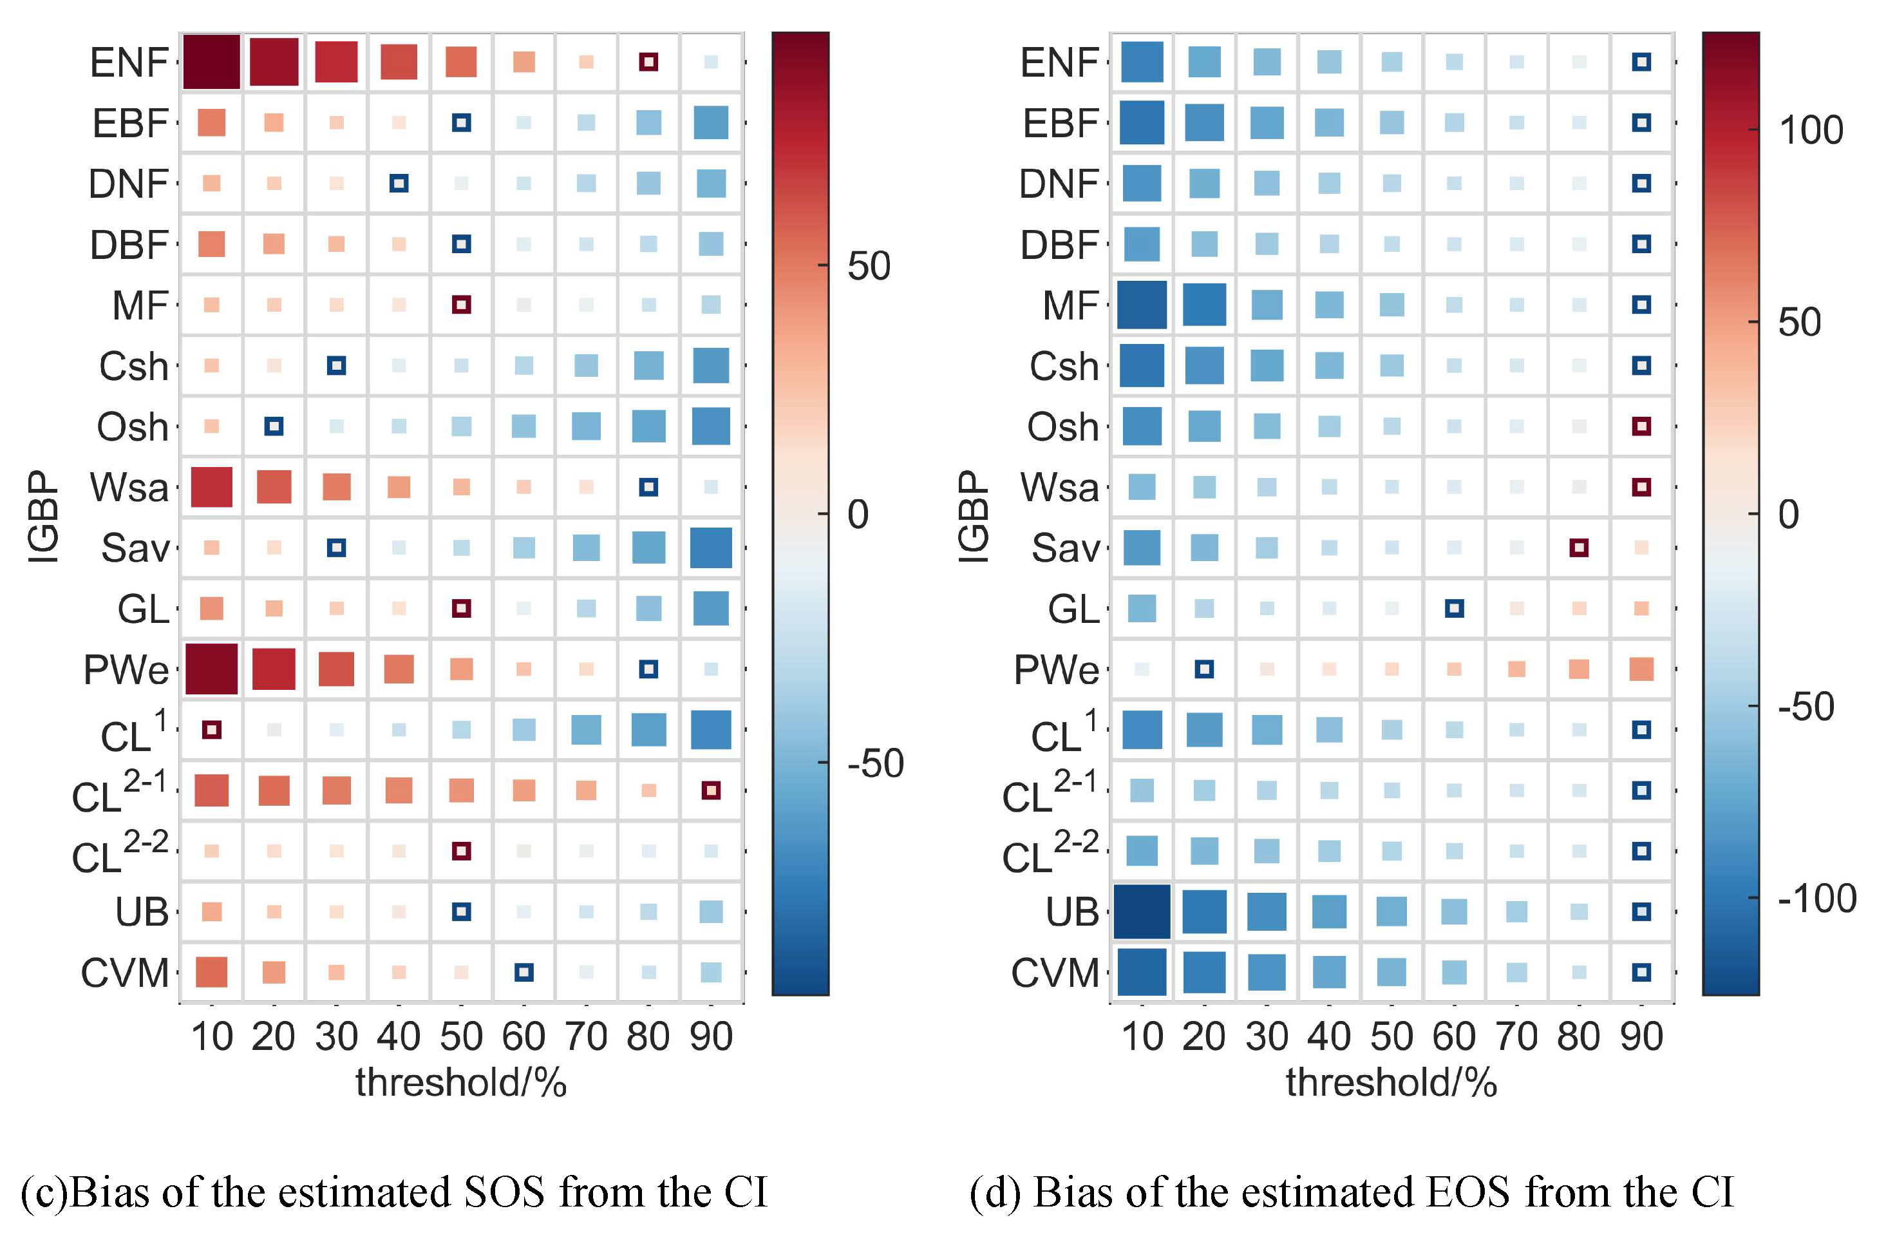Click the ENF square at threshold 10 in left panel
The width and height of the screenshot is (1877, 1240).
211,62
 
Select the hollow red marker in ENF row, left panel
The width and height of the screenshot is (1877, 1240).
648,62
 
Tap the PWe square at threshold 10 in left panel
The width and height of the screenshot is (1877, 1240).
211,669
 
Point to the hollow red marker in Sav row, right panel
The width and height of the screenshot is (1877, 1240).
1579,548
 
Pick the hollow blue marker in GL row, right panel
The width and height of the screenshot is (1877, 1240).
1454,608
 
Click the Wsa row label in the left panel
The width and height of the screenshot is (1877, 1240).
129,487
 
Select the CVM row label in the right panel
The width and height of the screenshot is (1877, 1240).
1055,973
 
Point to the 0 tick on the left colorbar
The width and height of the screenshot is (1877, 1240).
858,514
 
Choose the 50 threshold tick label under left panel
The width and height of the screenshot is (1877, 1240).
461,1036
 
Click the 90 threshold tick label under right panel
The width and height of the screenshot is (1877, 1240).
1641,1036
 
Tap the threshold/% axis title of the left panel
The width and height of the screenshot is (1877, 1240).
461,1082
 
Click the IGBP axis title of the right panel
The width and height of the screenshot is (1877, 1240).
974,517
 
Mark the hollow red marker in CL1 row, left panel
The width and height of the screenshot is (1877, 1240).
211,730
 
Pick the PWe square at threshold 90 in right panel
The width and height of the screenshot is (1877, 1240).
1641,669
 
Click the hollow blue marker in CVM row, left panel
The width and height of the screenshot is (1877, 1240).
523,973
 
